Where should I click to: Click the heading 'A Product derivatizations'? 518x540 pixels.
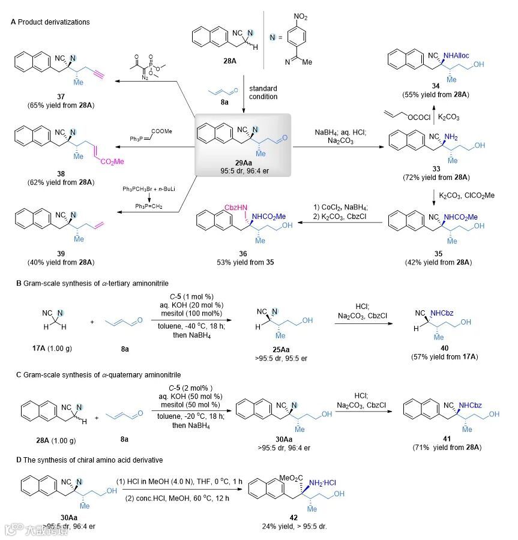(x=50, y=22)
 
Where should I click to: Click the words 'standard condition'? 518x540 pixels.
(x=263, y=92)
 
